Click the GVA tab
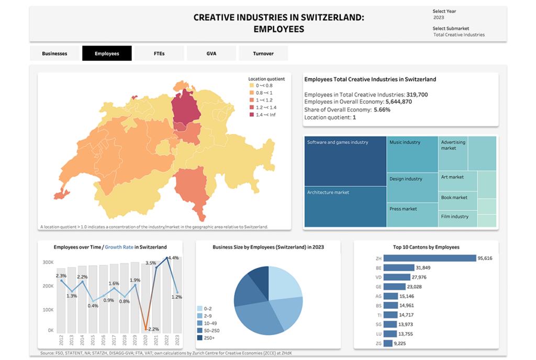pos(211,53)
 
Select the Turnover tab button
pos(263,53)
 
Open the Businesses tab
pos(54,53)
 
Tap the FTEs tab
pos(159,53)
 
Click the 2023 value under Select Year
pos(439,18)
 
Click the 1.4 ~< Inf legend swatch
pos(252,115)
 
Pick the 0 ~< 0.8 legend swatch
pos(252,85)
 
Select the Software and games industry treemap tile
pos(345,161)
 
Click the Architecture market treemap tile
pos(345,207)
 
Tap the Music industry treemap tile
pos(412,154)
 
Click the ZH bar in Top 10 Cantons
pos(430,258)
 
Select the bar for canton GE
pos(395,287)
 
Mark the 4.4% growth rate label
pos(173,258)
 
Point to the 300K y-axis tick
pos(48,262)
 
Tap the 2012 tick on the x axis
pos(62,340)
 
